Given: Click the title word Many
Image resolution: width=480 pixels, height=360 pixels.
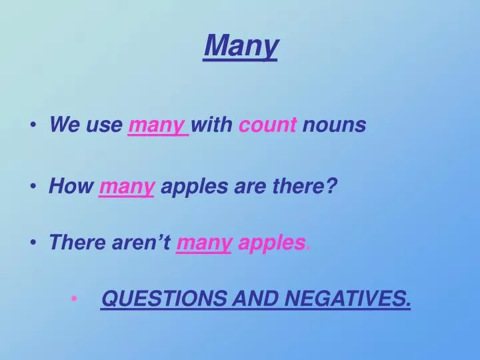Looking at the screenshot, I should pos(241,46).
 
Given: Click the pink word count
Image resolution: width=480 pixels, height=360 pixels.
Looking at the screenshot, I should pos(267,125).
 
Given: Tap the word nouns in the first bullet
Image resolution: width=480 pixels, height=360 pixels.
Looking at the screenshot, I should pos(334,125).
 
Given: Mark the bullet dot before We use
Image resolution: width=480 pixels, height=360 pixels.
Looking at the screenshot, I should pos(33,125).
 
